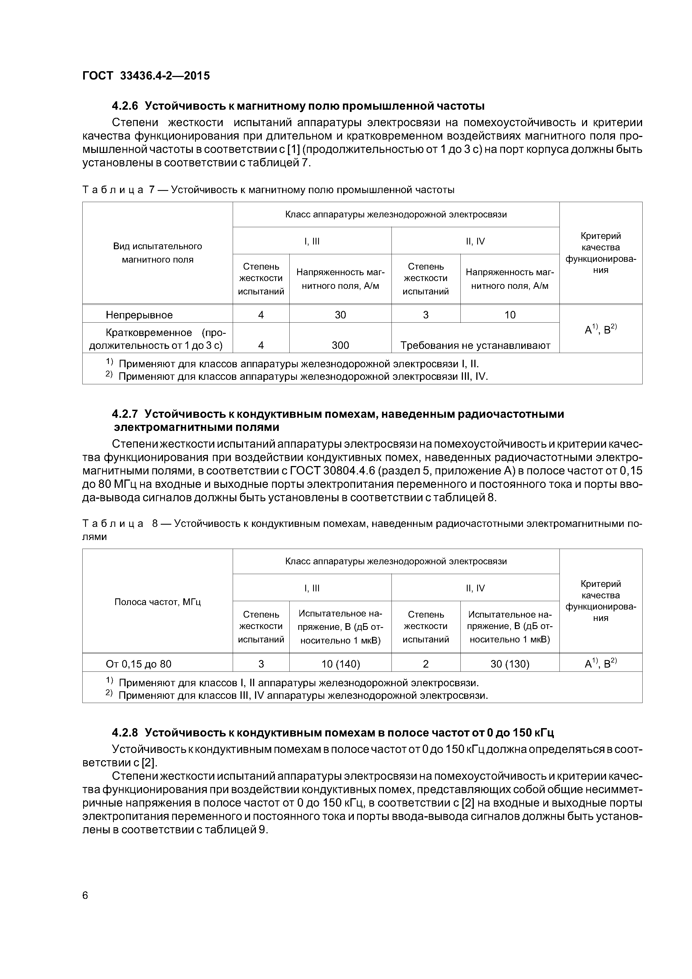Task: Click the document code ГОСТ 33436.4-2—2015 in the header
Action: (x=146, y=76)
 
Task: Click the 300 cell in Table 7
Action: (x=340, y=345)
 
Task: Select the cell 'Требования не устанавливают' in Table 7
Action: (x=475, y=345)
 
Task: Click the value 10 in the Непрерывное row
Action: (x=510, y=315)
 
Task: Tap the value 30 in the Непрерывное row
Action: (x=340, y=315)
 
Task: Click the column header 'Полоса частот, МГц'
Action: (x=157, y=602)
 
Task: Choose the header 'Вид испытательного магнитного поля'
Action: (x=157, y=253)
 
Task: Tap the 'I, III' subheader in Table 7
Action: (x=312, y=241)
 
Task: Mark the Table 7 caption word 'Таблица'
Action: (x=112, y=190)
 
